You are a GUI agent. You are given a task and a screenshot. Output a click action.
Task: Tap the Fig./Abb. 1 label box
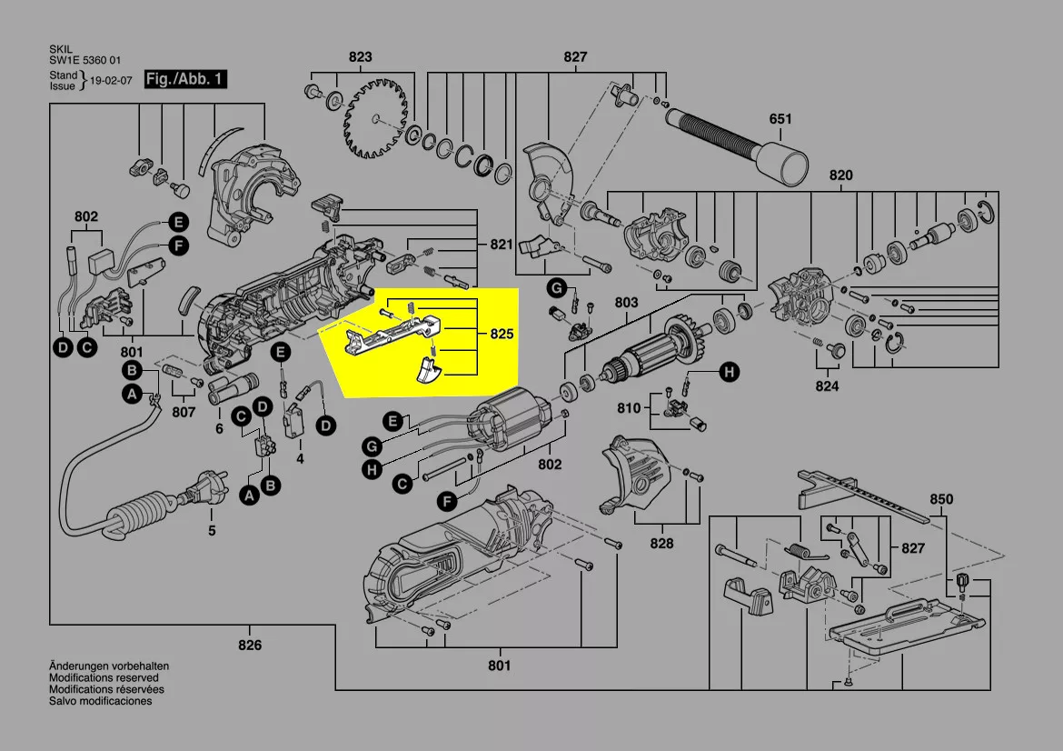point(185,80)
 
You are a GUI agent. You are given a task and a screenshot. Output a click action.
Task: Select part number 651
point(780,119)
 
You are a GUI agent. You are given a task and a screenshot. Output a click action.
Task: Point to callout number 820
point(841,175)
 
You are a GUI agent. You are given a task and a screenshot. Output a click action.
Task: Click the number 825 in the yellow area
point(502,335)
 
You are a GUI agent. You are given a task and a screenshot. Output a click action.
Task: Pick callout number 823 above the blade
point(361,57)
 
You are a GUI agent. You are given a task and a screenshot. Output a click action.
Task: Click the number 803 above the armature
point(627,303)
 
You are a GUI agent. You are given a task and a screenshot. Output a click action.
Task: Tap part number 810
point(629,408)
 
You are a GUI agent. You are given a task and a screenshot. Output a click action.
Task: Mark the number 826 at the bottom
point(250,645)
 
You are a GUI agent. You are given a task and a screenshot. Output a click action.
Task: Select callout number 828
point(661,543)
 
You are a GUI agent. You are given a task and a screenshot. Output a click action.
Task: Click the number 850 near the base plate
point(941,499)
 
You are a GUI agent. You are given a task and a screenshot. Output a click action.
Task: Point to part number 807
point(184,412)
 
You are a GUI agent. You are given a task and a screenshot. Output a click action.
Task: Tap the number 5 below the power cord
point(212,531)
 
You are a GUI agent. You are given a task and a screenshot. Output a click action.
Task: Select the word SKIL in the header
point(61,50)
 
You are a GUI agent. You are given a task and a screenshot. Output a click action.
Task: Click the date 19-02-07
point(111,81)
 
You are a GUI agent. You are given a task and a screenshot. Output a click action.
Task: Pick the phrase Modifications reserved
point(104,678)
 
